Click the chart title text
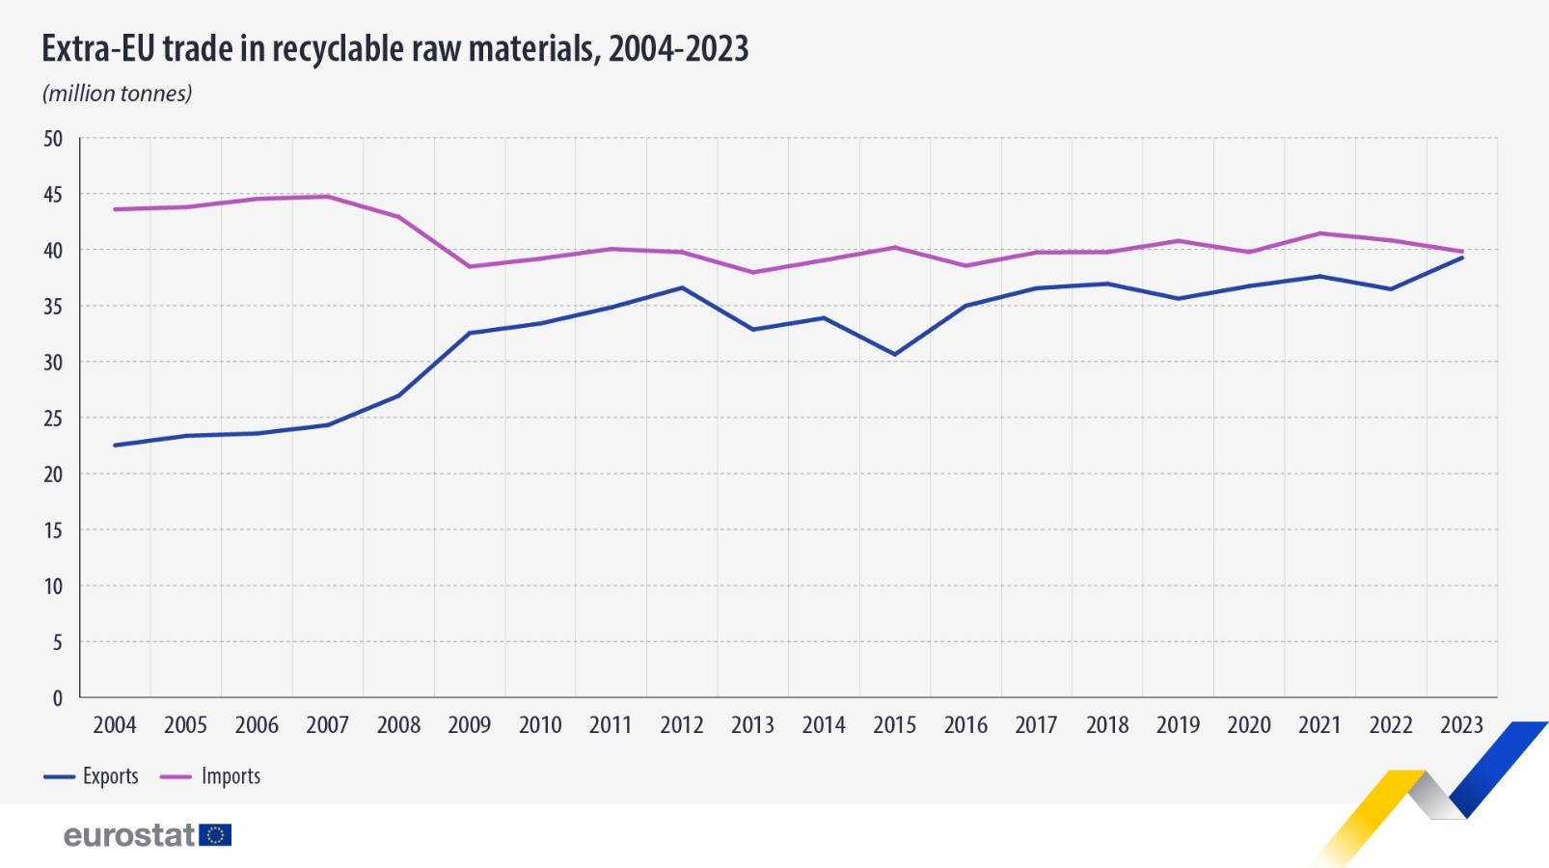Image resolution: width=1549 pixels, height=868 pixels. [x=394, y=48]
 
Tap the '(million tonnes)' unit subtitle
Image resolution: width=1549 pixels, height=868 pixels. [x=117, y=94]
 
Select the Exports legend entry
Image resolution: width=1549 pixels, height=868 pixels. [x=92, y=776]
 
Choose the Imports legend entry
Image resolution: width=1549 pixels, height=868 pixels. [x=210, y=776]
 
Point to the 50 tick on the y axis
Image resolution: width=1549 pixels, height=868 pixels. [x=53, y=139]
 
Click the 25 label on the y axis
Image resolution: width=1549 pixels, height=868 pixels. [x=53, y=419]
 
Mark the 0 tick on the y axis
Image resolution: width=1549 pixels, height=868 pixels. [x=57, y=698]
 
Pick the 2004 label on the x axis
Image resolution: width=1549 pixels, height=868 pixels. [x=115, y=725]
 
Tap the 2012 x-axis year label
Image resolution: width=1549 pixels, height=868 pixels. [x=682, y=725]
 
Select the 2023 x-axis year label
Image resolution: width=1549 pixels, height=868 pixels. [x=1461, y=725]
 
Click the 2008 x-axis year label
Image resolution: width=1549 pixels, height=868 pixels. [x=398, y=725]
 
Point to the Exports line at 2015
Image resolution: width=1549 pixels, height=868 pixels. [x=895, y=355]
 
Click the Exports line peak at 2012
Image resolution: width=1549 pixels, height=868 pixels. [x=682, y=287]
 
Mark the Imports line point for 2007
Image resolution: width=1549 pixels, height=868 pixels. [x=328, y=197]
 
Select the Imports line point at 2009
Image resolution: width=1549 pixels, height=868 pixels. [x=470, y=266]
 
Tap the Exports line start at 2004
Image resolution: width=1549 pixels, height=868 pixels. [x=115, y=446]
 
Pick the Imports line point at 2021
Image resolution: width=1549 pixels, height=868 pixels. [x=1319, y=233]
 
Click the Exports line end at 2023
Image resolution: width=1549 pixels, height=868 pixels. [x=1462, y=258]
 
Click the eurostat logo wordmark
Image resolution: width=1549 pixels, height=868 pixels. [x=129, y=835]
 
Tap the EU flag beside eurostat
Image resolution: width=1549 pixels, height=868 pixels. [x=215, y=835]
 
